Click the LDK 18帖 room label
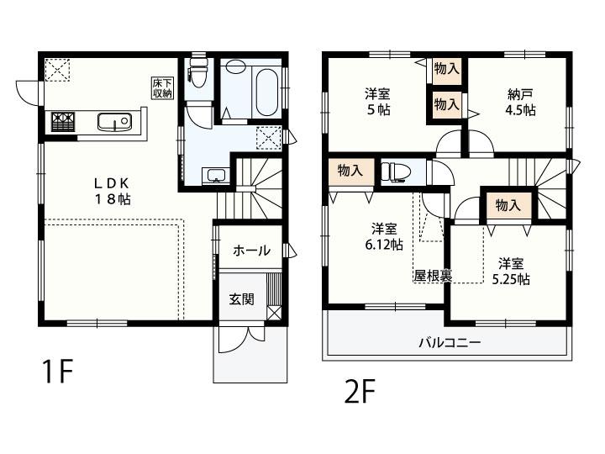tap(112, 191)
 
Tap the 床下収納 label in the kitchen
tap(161, 87)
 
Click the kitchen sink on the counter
tap(113, 123)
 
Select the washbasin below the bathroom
tap(216, 175)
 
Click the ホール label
tap(251, 251)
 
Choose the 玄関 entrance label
tap(241, 298)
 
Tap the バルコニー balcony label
tap(450, 343)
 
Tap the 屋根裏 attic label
tap(432, 275)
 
